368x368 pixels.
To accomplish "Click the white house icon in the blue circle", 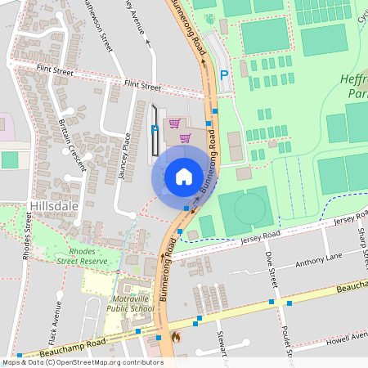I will tap(184, 176).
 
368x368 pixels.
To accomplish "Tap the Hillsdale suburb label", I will tap(53, 205).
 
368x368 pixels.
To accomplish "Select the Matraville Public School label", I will tap(130, 303).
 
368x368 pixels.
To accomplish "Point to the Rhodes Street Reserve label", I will tap(88, 255).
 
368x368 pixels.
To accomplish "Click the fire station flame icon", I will tap(174, 336).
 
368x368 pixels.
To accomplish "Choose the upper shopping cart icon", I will tap(174, 123).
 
